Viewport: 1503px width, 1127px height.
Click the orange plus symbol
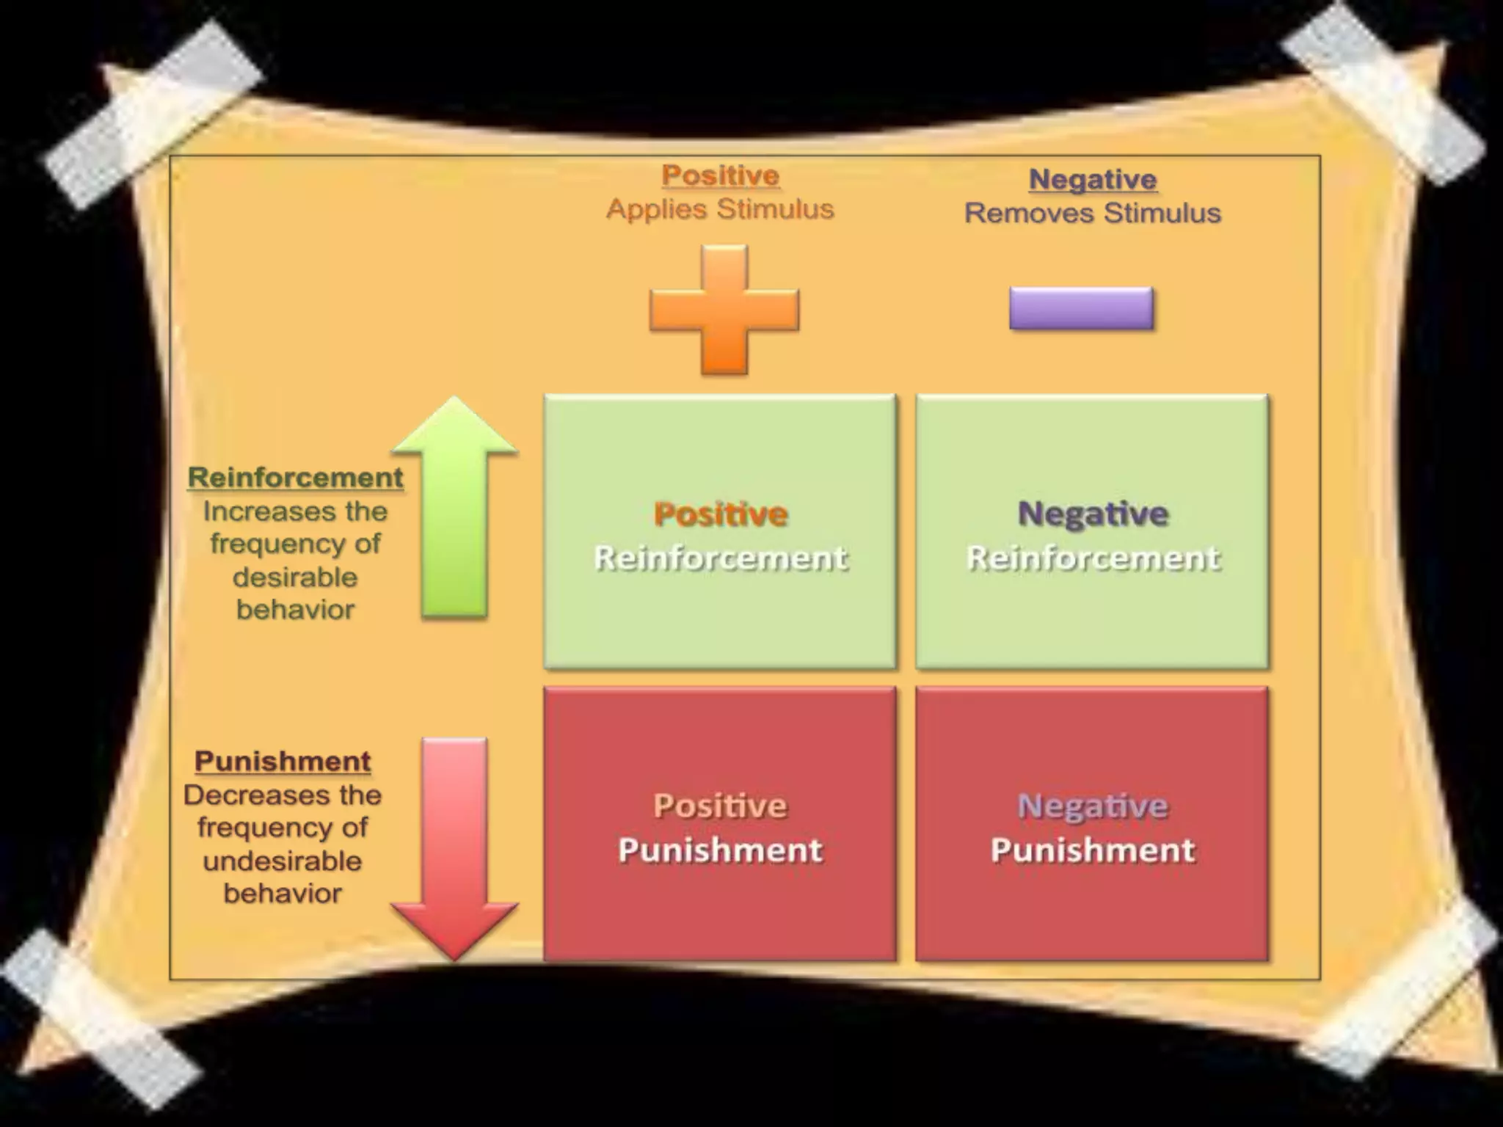[724, 310]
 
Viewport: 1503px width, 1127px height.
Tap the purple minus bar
[1081, 308]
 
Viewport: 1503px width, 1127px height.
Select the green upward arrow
[454, 506]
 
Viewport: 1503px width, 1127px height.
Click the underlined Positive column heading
[720, 176]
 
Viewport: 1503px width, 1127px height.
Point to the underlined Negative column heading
[1093, 180]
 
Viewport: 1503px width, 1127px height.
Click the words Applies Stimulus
[720, 209]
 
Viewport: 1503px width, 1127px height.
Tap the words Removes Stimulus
[1093, 214]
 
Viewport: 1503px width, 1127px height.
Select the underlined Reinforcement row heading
[295, 478]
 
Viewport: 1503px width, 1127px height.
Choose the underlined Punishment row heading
[283, 762]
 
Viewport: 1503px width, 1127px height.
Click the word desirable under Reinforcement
[295, 577]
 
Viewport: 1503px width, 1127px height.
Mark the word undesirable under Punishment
[283, 861]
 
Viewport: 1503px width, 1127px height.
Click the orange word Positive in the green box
[720, 514]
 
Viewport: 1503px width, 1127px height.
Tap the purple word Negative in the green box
[1093, 514]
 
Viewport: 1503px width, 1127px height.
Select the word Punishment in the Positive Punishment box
[720, 850]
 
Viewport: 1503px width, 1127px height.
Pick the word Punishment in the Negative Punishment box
[1093, 850]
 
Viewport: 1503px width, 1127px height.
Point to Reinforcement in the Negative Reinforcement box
[1093, 558]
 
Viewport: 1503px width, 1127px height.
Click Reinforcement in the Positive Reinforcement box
[720, 558]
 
